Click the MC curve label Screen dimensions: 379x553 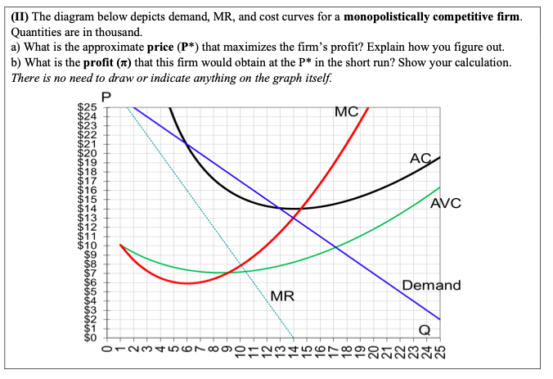(347, 112)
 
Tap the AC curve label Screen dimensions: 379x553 (420, 159)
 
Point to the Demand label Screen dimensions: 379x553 (431, 286)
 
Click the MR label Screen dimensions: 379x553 (282, 296)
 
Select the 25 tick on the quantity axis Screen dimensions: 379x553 (439, 354)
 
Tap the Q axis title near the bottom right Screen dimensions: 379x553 (424, 329)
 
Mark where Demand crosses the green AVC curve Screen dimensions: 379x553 (335, 246)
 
